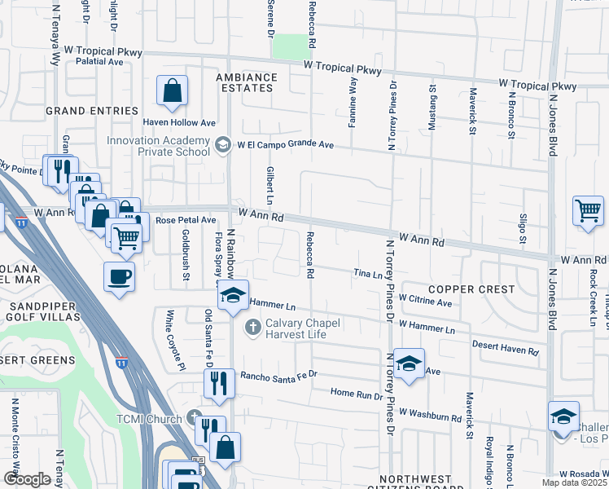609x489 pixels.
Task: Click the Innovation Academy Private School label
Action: click(159, 145)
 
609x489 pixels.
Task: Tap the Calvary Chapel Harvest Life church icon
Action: click(252, 328)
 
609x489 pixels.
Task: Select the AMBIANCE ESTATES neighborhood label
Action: click(246, 84)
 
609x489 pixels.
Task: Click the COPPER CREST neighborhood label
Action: click(471, 289)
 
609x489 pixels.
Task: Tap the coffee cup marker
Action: click(120, 276)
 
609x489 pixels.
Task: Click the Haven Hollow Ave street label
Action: click(179, 122)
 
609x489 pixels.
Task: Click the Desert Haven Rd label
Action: click(506, 349)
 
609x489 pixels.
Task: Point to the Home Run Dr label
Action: click(357, 393)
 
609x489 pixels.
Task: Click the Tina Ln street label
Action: click(367, 275)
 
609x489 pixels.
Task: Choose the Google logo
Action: click(27, 479)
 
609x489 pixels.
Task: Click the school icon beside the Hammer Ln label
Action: click(233, 295)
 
